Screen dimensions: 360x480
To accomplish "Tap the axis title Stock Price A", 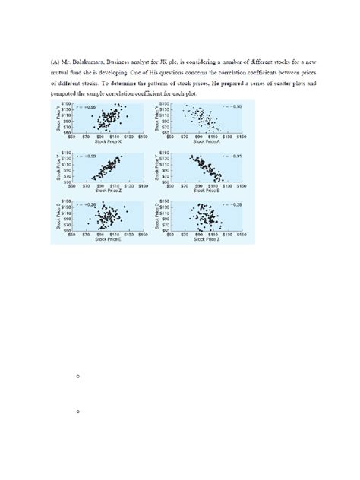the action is (207, 141).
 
